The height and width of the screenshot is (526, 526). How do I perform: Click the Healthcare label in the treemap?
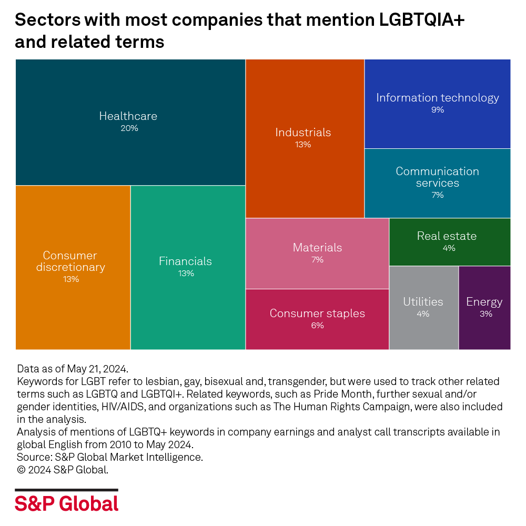point(128,116)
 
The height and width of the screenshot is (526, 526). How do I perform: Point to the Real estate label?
point(447,236)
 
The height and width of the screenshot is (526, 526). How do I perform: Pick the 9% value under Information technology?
point(437,110)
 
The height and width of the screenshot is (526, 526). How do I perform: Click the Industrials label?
point(303,133)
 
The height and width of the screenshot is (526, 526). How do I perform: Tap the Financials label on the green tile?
point(185,261)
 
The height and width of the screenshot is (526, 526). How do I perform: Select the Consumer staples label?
point(317,313)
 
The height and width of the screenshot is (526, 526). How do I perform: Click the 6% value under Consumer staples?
point(317,326)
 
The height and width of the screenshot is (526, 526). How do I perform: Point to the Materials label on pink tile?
point(317,248)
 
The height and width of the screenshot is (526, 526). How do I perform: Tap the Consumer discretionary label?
point(70,261)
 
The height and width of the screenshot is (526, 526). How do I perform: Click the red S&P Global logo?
point(67,503)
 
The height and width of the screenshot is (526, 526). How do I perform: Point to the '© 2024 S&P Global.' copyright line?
point(63,470)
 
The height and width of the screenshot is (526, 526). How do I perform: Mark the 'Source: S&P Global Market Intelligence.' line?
point(109,458)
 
